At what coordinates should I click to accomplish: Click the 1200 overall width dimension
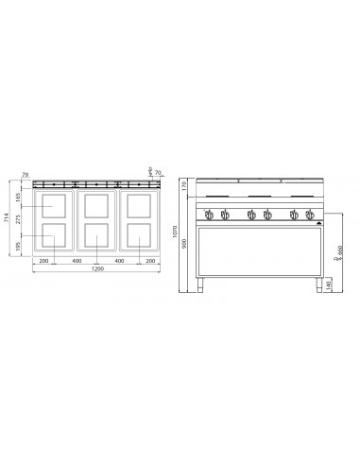tap(92, 268)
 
